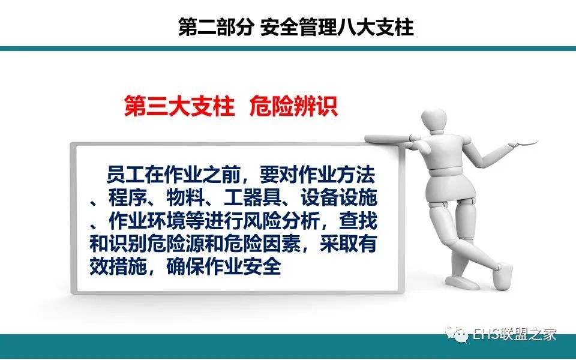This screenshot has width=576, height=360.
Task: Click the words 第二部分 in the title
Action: click(x=215, y=27)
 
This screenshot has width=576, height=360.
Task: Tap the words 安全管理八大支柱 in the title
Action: click(x=337, y=27)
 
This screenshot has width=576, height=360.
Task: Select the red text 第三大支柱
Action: click(x=179, y=106)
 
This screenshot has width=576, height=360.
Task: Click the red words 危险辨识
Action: click(x=293, y=106)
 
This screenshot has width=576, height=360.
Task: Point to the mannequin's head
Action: click(x=435, y=120)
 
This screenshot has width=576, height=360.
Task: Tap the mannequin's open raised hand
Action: click(x=523, y=142)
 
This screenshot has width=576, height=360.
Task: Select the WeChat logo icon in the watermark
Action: click(x=457, y=333)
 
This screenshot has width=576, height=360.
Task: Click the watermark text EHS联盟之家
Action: click(x=515, y=334)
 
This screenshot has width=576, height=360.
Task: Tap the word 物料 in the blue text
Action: click(x=185, y=199)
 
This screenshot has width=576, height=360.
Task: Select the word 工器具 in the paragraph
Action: click(x=253, y=199)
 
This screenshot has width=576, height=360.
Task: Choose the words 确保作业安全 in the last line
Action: click(x=224, y=267)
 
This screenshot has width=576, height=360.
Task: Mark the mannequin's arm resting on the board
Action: click(x=389, y=139)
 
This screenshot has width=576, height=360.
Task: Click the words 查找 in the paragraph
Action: click(x=358, y=221)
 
